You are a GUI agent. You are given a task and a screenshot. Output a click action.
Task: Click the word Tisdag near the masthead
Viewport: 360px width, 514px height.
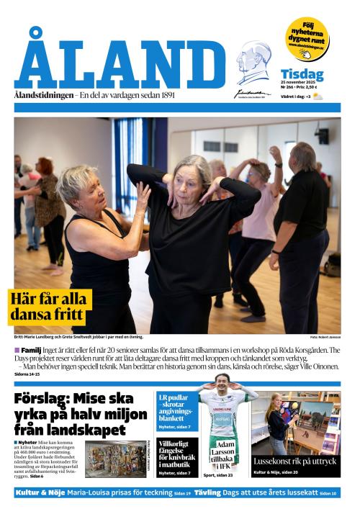pos(302,76)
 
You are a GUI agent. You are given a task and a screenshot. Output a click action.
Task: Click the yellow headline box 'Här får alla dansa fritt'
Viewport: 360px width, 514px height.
pos(50,307)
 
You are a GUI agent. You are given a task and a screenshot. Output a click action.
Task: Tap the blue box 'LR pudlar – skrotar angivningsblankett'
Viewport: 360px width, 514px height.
pos(176,409)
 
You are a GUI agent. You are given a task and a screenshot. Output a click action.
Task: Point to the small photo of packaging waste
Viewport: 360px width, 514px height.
pos(114,459)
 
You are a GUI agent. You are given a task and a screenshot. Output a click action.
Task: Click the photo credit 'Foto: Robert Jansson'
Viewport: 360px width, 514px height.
pos(325,337)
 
